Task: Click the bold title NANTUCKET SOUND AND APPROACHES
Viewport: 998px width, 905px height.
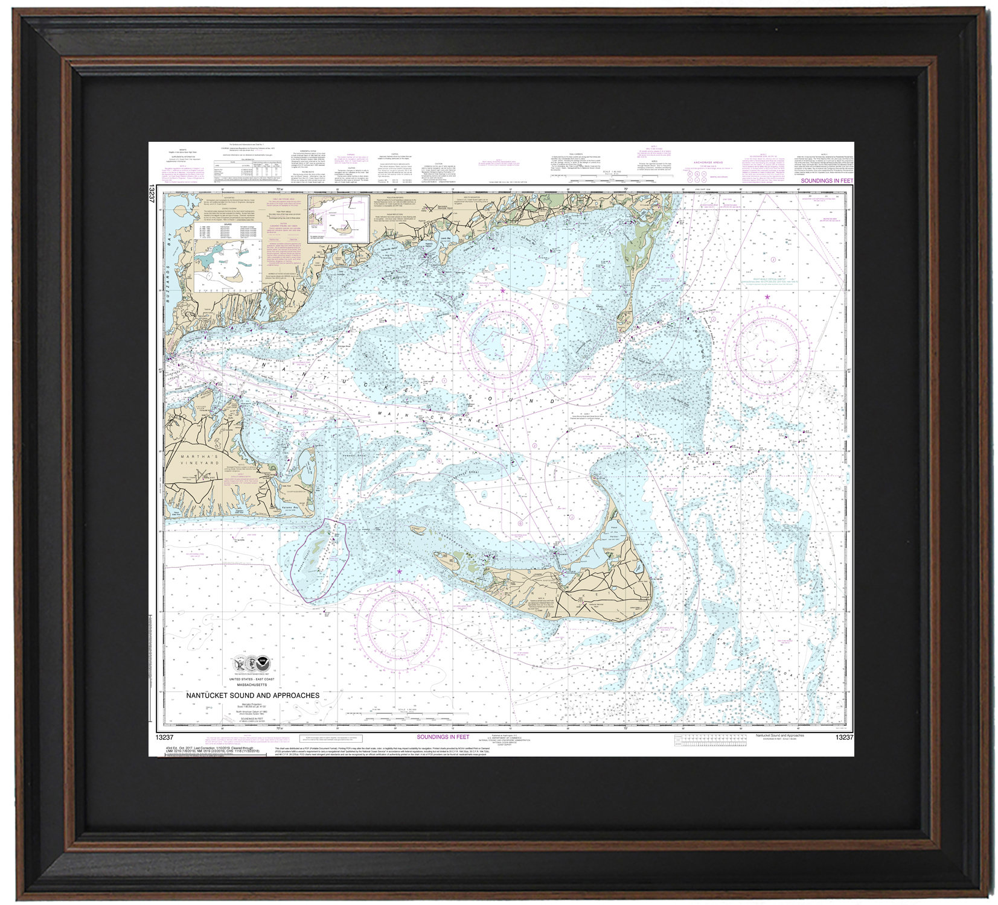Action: [x=252, y=695]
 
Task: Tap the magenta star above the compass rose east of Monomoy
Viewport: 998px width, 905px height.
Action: [x=767, y=297]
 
